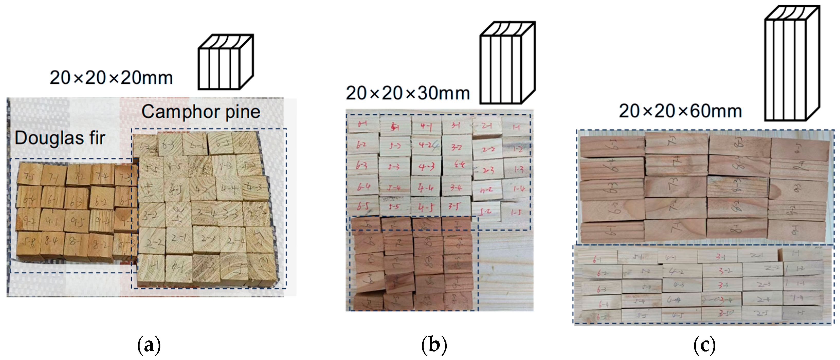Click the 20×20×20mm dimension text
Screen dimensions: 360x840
(x=111, y=78)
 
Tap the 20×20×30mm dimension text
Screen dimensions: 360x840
(x=408, y=93)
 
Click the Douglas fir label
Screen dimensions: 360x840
(x=60, y=138)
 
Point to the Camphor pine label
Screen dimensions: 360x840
(x=201, y=112)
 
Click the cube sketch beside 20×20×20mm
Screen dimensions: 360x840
(x=226, y=62)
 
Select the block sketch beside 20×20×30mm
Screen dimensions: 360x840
(x=507, y=63)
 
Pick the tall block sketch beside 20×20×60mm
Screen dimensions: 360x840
(x=792, y=64)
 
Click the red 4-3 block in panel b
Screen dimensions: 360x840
(x=426, y=167)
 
